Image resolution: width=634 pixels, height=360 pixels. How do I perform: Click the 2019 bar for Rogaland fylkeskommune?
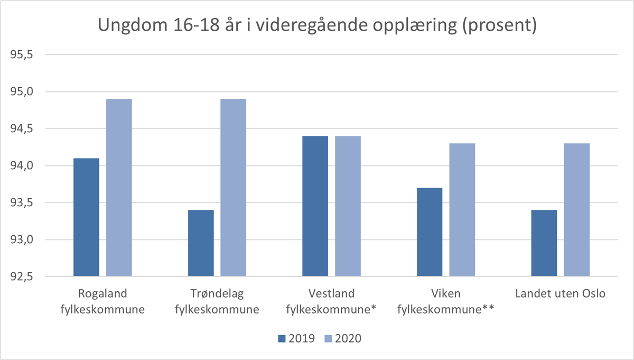point(86,217)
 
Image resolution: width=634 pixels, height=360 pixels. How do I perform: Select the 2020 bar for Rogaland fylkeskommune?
point(119,188)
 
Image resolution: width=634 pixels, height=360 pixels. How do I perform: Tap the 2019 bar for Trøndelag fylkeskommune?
point(201,243)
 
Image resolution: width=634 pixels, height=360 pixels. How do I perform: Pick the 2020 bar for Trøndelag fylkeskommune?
point(233,188)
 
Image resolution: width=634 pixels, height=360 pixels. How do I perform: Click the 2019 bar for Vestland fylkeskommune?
point(315,206)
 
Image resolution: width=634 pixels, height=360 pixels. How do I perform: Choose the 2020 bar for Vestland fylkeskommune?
point(348,206)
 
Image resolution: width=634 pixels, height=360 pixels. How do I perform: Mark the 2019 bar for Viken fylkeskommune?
point(430,232)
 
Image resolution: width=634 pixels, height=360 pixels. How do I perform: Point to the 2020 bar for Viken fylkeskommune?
point(462,210)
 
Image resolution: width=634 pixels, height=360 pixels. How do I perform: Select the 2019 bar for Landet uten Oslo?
point(544,243)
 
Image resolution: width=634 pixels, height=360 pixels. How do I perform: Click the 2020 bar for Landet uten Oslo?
point(576,210)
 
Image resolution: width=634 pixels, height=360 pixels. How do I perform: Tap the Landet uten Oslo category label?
point(560,294)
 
